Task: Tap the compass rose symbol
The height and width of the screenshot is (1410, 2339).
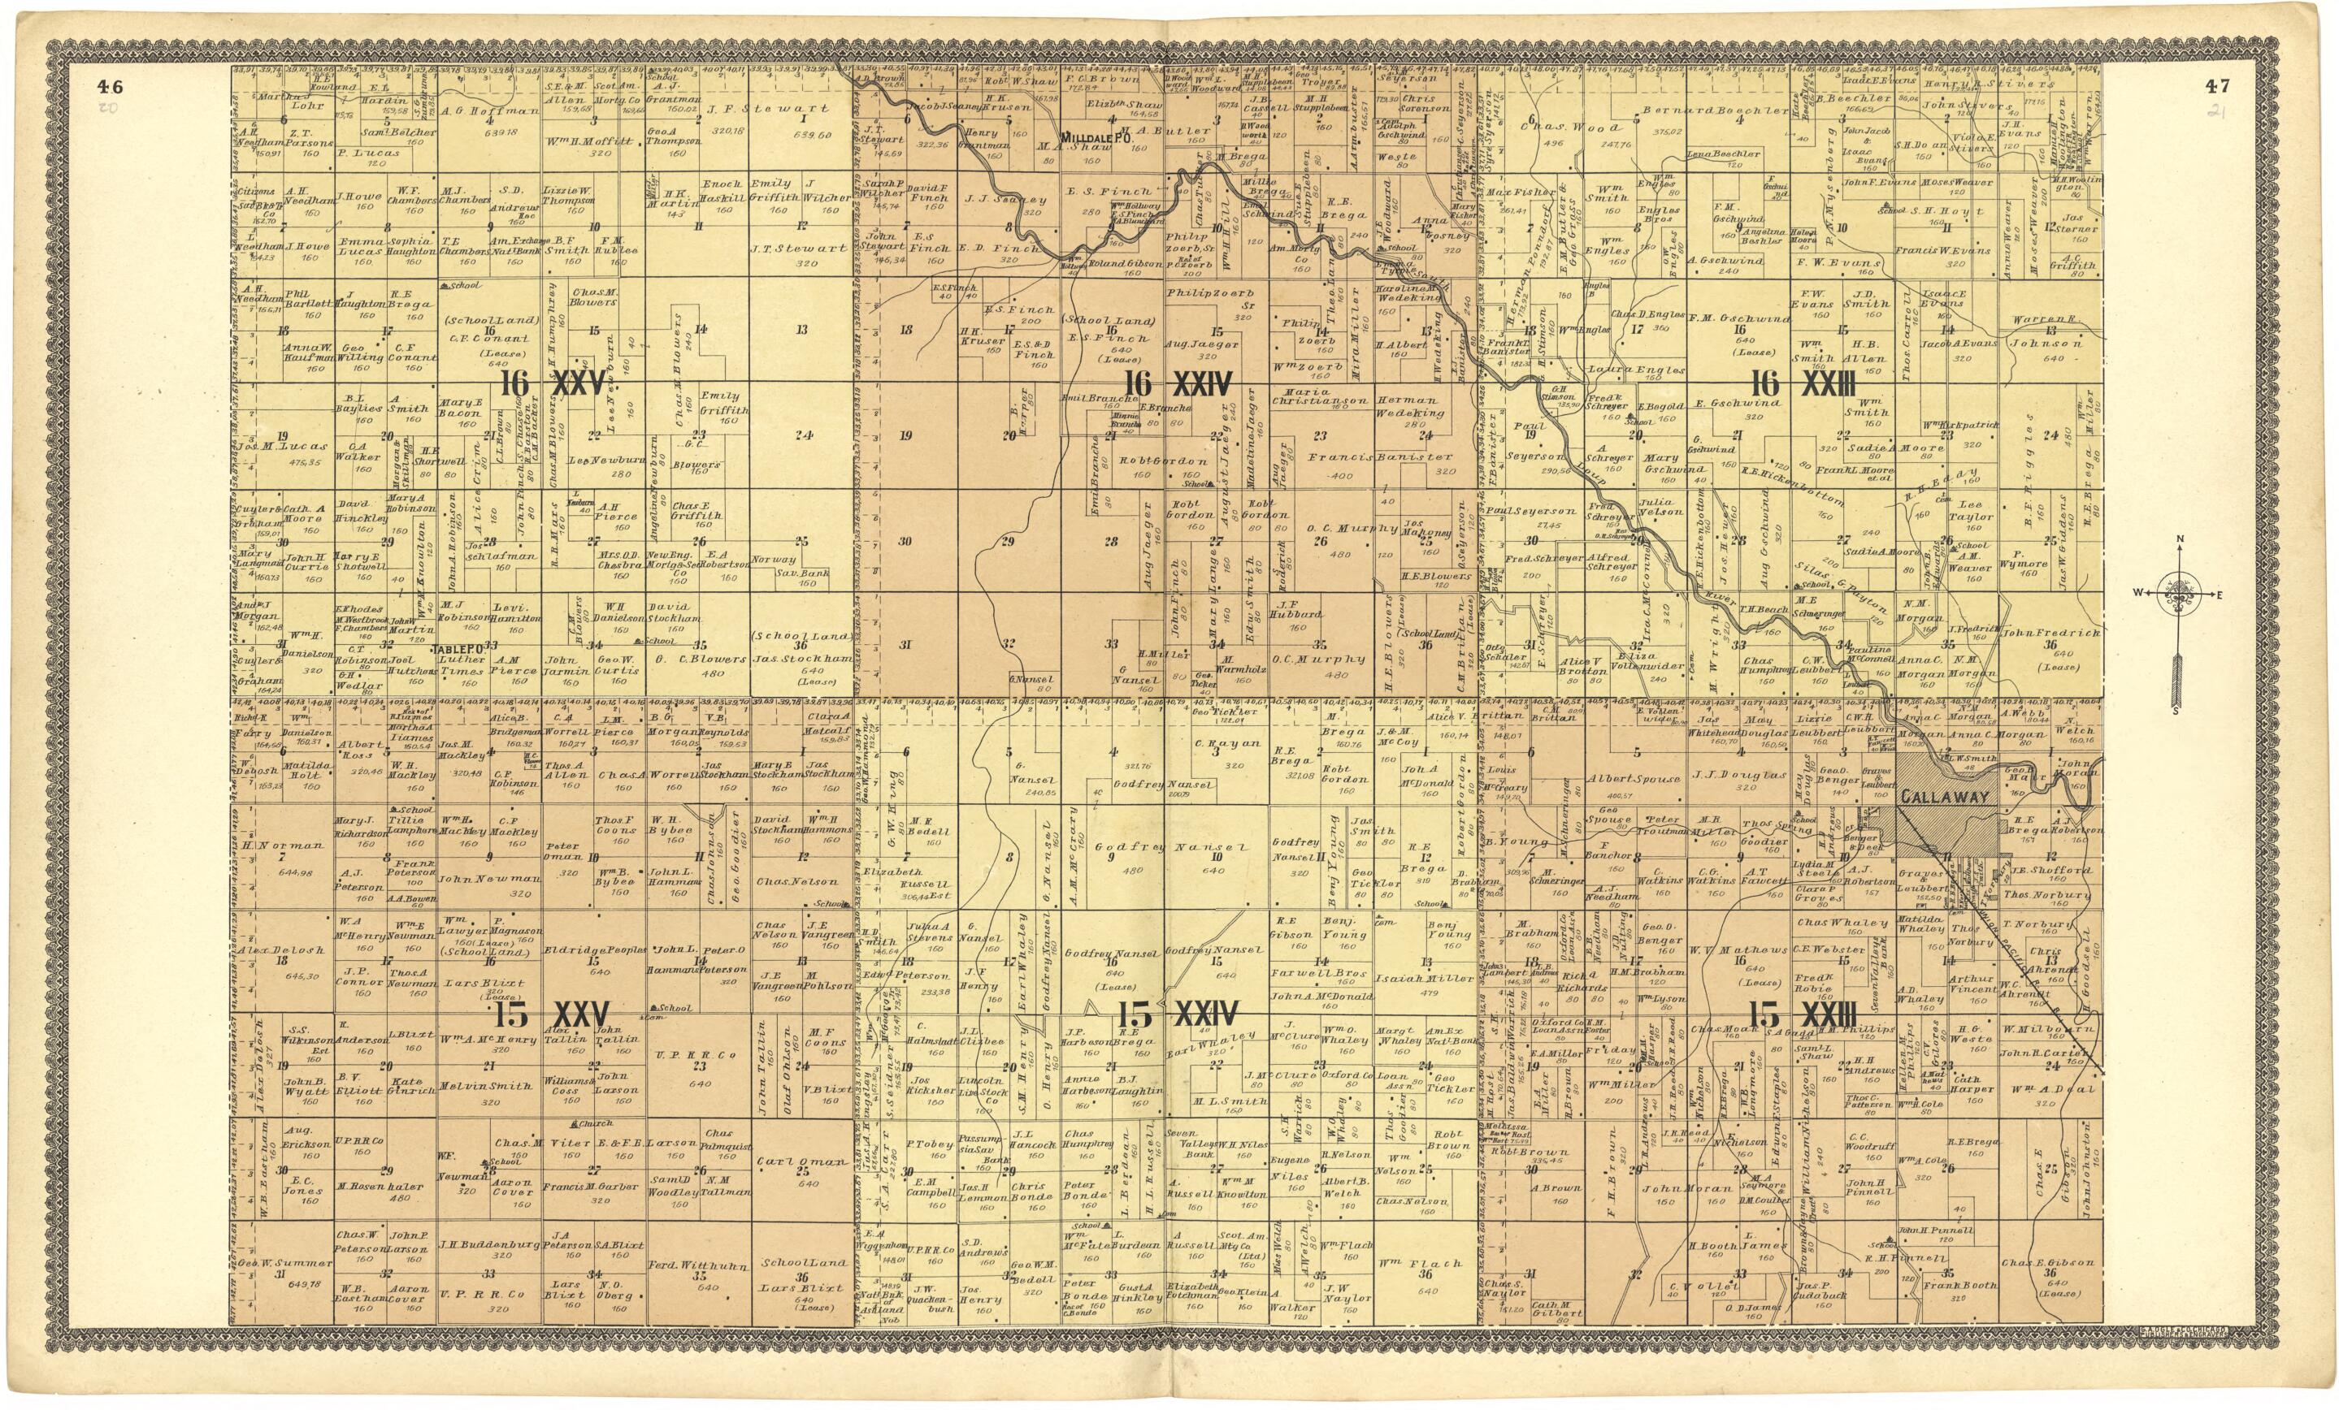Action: (x=2180, y=594)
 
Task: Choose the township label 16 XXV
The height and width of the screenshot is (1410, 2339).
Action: (x=553, y=384)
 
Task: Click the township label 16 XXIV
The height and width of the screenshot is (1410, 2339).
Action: (x=1178, y=383)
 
